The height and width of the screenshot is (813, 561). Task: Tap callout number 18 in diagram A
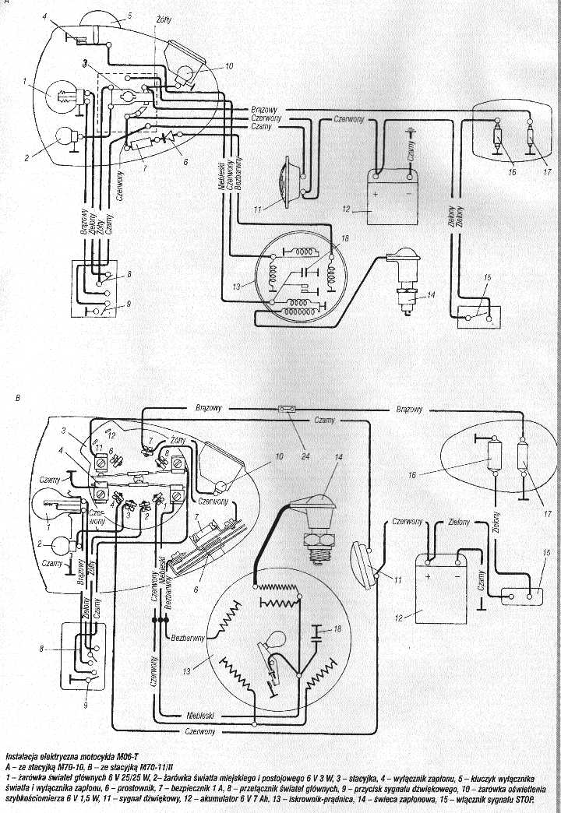[x=346, y=236]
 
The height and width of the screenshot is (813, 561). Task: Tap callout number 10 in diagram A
[x=229, y=66]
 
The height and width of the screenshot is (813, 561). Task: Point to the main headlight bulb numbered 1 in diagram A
[x=61, y=98]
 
